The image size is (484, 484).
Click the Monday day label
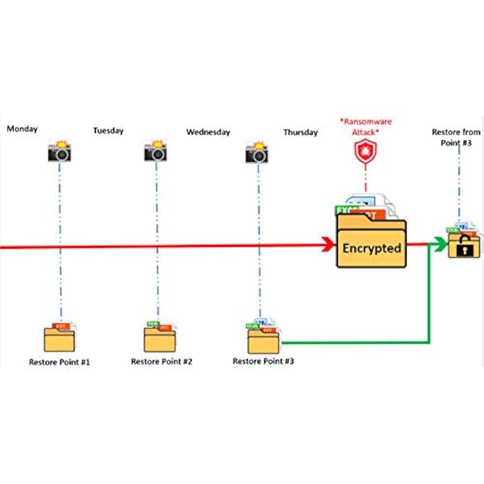point(22,129)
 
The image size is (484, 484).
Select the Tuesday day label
point(108,131)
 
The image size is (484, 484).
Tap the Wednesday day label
point(208,132)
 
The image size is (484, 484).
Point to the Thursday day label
point(301,132)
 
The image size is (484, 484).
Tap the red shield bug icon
point(365,151)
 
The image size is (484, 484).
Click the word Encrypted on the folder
point(372,248)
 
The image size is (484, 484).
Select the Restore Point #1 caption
point(60,362)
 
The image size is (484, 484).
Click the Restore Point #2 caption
point(162,362)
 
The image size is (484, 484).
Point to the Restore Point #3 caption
point(263,361)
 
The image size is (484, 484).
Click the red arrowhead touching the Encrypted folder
point(331,245)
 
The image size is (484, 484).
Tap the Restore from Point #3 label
point(456,137)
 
